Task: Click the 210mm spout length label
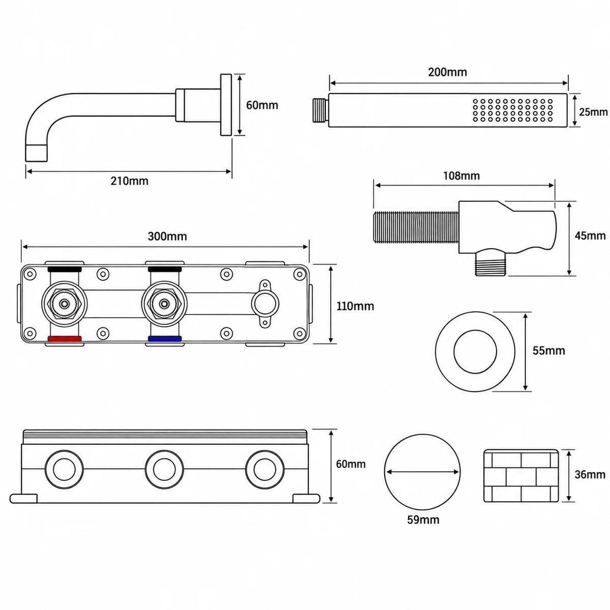point(129,181)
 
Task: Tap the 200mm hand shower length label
point(447,72)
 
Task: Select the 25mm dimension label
point(593,112)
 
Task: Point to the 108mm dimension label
point(461,176)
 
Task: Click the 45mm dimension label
point(590,235)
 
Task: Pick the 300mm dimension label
point(167,236)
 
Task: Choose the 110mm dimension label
point(355,306)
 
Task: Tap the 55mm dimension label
point(548,351)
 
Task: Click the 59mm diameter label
point(423,520)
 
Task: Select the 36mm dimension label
point(590,474)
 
